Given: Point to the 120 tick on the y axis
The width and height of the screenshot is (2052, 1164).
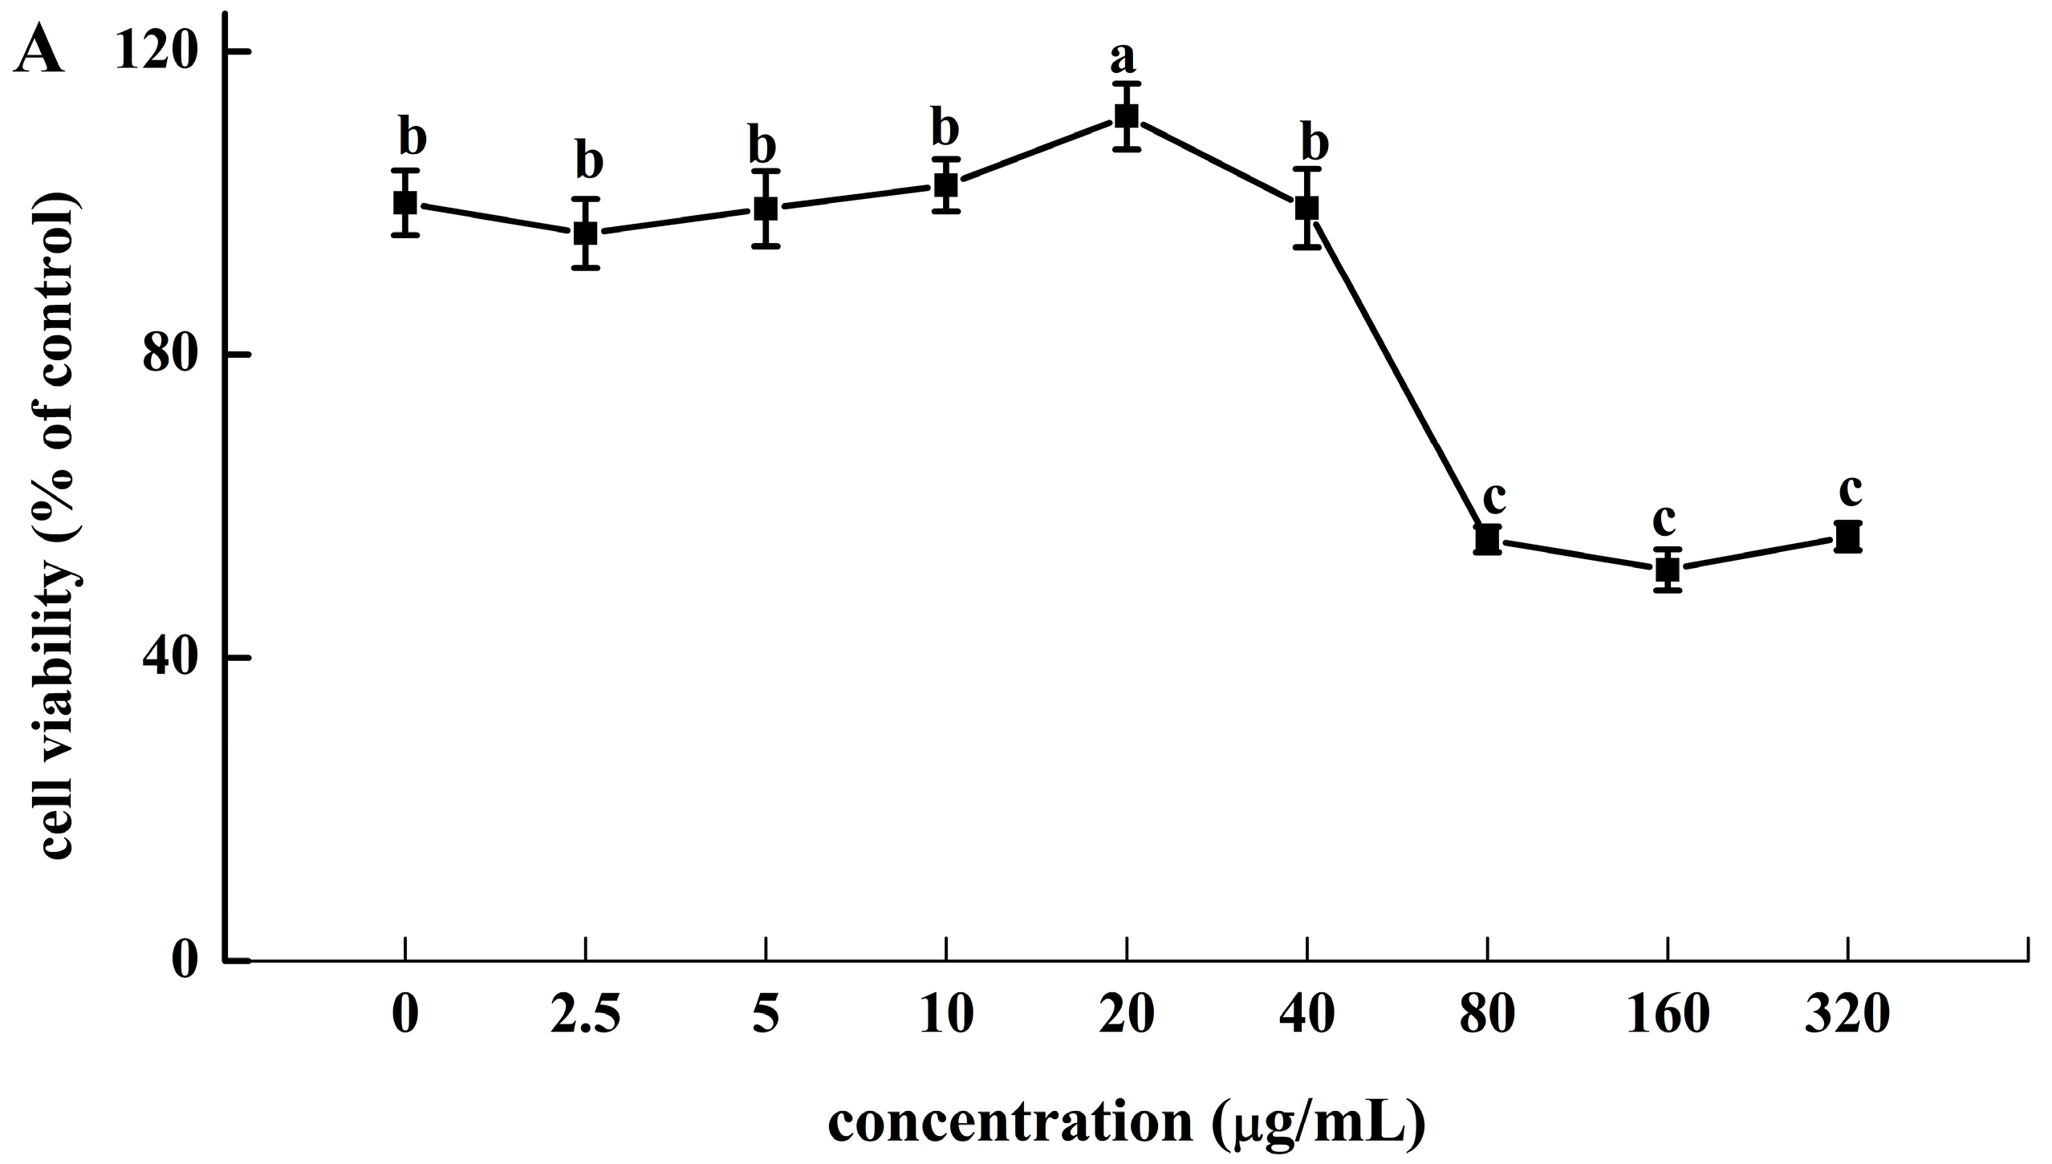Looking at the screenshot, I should coord(239,51).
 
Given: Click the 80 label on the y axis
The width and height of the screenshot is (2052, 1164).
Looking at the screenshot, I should coord(170,355).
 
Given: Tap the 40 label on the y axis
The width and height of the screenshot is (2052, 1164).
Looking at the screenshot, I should coord(170,658).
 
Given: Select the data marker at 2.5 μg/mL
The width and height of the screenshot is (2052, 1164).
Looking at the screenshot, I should coord(586,233).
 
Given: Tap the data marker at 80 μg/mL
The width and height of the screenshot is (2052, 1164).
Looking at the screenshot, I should coord(1487,540).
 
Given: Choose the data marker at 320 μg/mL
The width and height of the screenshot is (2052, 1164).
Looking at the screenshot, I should coord(1848,537).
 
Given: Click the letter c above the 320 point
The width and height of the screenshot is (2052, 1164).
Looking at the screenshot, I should coord(1850,491).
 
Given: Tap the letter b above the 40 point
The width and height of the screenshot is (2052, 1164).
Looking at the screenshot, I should coord(1313,144).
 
